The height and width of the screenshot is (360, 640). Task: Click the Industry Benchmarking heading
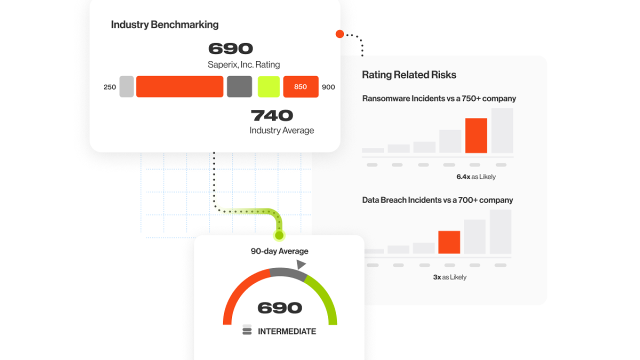click(x=164, y=24)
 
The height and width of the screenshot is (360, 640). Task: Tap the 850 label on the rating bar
click(x=300, y=86)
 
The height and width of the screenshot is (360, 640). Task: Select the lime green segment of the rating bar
click(x=268, y=86)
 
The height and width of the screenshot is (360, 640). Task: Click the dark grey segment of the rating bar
click(x=239, y=86)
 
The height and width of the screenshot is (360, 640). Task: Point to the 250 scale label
click(x=109, y=87)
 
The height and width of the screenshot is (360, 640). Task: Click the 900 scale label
click(x=328, y=87)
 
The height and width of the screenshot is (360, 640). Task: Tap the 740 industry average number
click(x=271, y=115)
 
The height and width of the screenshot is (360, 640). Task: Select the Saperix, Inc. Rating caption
click(x=243, y=64)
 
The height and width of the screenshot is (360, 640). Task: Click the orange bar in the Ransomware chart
click(x=476, y=135)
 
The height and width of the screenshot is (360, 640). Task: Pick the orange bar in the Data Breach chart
click(x=449, y=242)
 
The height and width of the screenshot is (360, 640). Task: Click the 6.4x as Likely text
click(x=476, y=177)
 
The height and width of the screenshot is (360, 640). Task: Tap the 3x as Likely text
click(x=449, y=277)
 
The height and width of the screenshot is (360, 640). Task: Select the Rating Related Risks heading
click(x=409, y=75)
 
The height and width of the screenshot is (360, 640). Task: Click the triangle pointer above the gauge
click(x=301, y=264)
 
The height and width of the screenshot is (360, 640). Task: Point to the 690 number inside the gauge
click(x=279, y=307)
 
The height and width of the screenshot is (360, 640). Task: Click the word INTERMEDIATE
click(x=287, y=331)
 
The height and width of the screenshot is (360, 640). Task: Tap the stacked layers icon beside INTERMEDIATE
click(x=247, y=329)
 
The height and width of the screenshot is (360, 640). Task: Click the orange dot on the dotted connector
click(x=339, y=34)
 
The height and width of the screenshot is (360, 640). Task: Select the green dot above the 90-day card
click(x=279, y=235)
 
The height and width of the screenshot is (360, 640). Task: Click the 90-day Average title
click(x=279, y=251)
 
